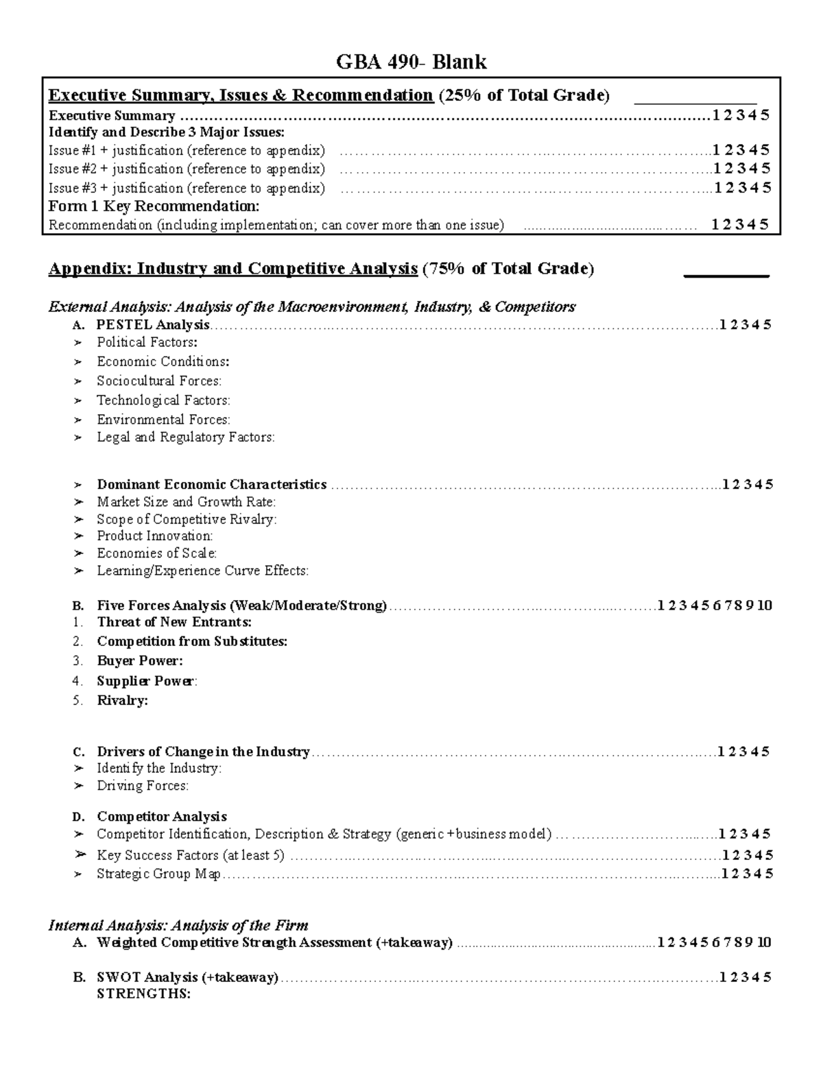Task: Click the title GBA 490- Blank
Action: point(411,62)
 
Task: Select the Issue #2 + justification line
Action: point(187,169)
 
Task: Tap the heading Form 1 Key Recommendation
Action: point(154,206)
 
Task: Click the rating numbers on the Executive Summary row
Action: point(741,115)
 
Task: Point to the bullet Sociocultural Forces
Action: point(159,381)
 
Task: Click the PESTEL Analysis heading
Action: point(153,325)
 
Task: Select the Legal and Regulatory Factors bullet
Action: point(185,437)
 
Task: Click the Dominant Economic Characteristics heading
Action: point(211,484)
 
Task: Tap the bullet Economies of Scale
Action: point(156,553)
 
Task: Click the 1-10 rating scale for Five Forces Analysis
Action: point(715,606)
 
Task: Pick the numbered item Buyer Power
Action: point(140,661)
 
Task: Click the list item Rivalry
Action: point(122,700)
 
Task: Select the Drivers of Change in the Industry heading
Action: point(203,752)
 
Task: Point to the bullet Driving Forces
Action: point(142,786)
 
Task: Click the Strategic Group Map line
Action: point(158,874)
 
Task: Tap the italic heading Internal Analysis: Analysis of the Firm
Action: point(178,925)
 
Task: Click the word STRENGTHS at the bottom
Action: point(143,994)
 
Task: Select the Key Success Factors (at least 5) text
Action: point(190,855)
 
